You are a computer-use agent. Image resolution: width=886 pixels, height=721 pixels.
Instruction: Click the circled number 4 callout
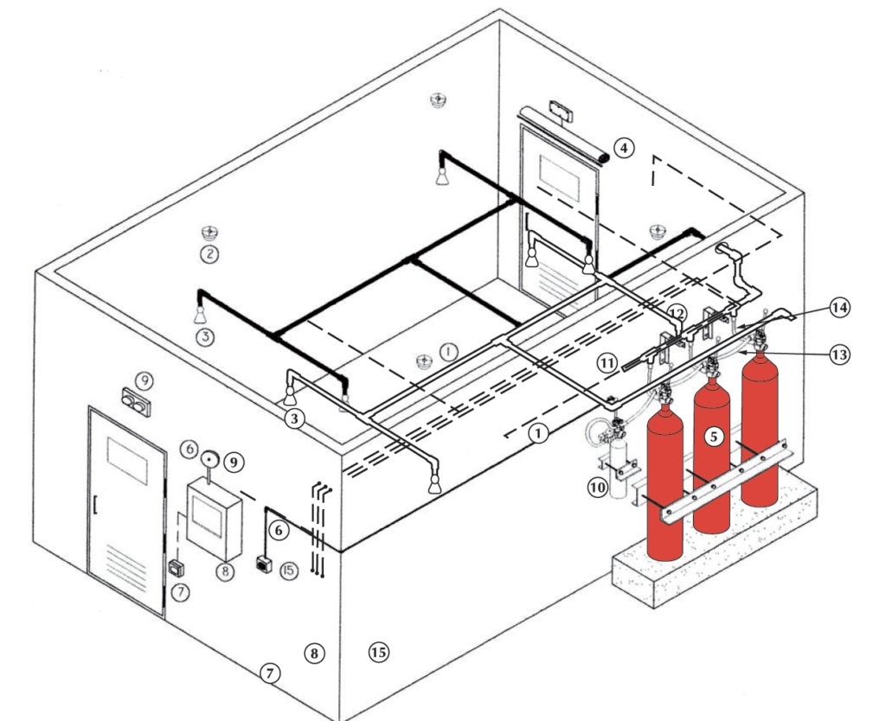tap(625, 149)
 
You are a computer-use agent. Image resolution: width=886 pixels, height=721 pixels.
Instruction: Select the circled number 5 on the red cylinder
tap(714, 437)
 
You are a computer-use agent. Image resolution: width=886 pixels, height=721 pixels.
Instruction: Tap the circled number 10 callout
tap(597, 488)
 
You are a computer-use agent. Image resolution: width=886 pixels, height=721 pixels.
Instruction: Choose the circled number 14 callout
tap(838, 308)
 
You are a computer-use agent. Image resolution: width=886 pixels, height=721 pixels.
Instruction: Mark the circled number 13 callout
tap(838, 354)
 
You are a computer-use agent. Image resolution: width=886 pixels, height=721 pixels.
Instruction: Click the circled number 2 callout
tap(208, 254)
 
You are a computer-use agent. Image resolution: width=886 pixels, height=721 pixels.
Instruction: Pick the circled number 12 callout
tap(677, 313)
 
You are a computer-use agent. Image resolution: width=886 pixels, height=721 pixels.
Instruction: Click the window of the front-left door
tap(126, 460)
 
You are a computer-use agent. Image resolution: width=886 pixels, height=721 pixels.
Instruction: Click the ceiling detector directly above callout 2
tap(208, 232)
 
